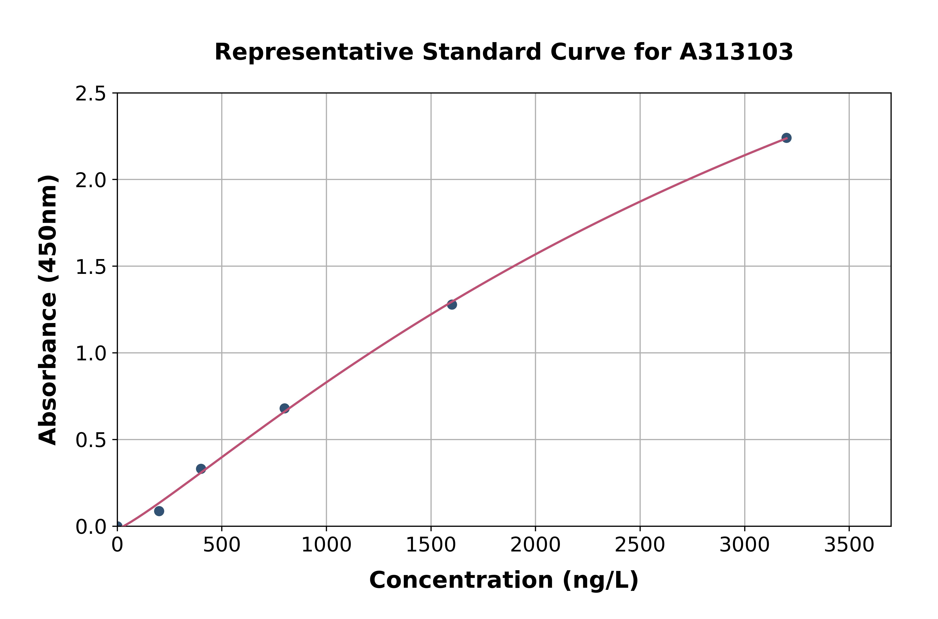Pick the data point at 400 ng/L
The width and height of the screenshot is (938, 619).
[201, 469]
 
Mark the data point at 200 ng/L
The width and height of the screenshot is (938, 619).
[159, 511]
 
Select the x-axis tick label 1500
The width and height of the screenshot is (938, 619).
[431, 545]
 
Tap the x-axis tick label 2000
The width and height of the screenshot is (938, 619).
[535, 545]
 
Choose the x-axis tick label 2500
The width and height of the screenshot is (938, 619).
[640, 545]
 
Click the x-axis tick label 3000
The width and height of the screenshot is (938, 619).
[745, 545]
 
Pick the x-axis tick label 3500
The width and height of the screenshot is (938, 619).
[849, 545]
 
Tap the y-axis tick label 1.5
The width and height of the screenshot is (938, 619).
[91, 267]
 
